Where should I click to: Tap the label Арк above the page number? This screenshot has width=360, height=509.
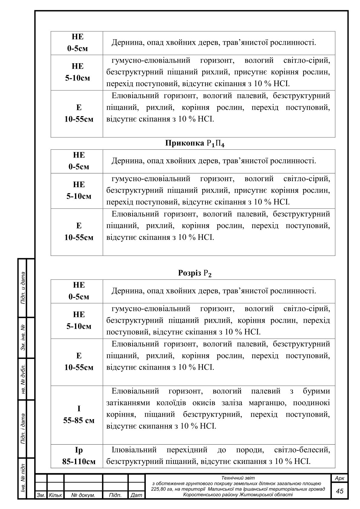[x=340, y=478]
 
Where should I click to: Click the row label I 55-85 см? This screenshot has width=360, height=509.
[x=79, y=415]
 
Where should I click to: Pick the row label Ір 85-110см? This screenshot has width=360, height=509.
[x=79, y=456]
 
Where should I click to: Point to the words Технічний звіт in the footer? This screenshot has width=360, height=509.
[x=238, y=478]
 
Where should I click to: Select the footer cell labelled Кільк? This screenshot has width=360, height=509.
[x=55, y=495]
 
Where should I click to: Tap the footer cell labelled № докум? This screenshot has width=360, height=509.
[x=83, y=495]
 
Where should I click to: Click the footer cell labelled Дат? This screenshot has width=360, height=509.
[x=136, y=495]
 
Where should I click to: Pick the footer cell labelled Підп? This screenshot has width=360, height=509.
[x=115, y=495]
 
